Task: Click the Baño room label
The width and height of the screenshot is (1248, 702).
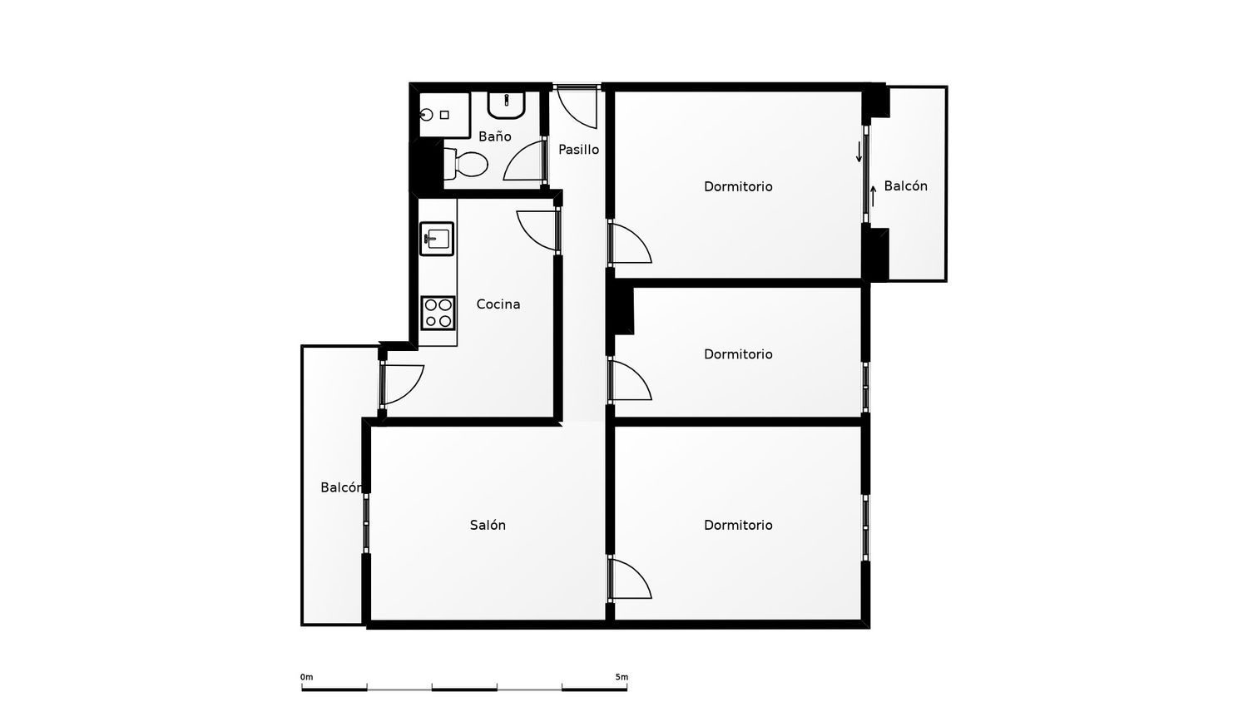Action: click(x=495, y=136)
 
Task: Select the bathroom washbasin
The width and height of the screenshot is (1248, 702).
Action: click(x=507, y=106)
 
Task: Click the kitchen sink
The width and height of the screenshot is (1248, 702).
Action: click(x=437, y=239)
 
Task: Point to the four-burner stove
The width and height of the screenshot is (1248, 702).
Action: click(x=438, y=313)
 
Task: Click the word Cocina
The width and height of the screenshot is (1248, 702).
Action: click(x=498, y=304)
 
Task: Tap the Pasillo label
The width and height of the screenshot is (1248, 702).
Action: click(x=579, y=150)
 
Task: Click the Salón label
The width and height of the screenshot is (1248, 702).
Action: click(x=488, y=525)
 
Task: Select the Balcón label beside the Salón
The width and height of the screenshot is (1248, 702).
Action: click(x=341, y=487)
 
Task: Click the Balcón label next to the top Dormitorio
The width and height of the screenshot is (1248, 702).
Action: click(x=905, y=186)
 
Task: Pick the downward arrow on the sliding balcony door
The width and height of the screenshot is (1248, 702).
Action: click(x=859, y=151)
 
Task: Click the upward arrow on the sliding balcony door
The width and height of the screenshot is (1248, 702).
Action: click(x=873, y=196)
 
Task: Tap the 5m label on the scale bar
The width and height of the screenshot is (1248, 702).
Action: click(x=622, y=677)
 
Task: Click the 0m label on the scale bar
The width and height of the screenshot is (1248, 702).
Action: click(x=306, y=677)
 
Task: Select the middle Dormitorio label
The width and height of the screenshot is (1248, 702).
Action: click(x=738, y=354)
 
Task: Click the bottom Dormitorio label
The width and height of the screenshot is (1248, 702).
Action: click(x=738, y=525)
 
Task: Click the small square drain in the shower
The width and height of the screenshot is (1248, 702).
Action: click(x=444, y=115)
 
